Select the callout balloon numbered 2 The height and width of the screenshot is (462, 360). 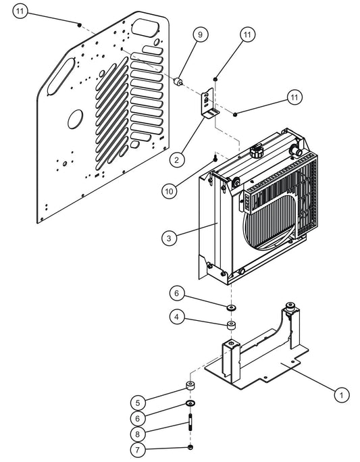[176, 159]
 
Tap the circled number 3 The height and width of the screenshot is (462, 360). [169, 237]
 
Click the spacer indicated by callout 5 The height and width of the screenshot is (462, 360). [191, 387]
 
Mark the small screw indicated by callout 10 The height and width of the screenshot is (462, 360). [215, 159]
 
